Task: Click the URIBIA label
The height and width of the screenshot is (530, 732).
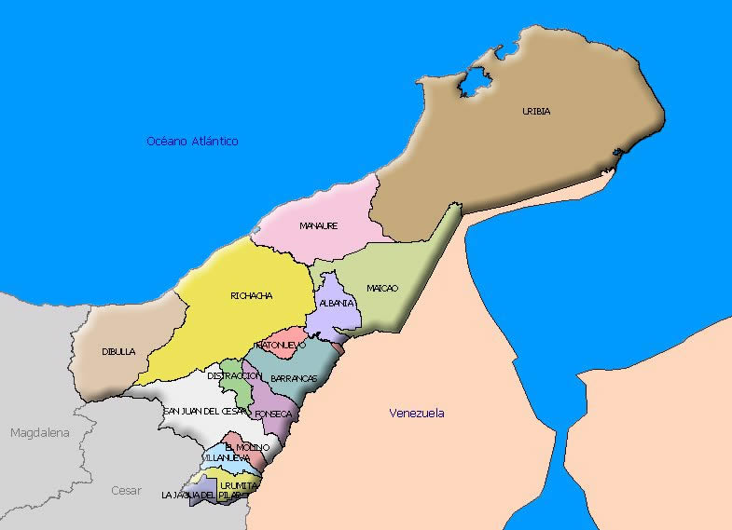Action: [x=536, y=112]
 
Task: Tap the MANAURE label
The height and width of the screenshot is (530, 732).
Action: [x=318, y=226]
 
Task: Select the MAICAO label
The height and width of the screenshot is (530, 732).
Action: [x=382, y=288]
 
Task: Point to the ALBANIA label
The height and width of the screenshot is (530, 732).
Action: [x=336, y=304]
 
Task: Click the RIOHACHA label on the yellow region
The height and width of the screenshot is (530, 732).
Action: [x=251, y=296]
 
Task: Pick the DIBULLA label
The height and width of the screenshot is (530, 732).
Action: [x=118, y=352]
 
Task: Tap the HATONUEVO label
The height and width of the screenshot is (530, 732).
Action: [x=281, y=345]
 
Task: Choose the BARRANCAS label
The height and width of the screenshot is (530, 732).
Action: [x=294, y=378]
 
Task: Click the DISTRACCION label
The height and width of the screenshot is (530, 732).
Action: [x=233, y=375]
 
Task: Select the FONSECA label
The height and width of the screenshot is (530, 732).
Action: [x=274, y=413]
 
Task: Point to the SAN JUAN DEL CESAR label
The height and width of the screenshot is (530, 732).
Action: [x=206, y=411]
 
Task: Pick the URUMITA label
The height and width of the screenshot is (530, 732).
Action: [x=239, y=485]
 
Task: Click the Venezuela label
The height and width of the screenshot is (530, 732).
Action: [x=417, y=413]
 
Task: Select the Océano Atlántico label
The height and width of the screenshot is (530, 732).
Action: [x=192, y=142]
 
